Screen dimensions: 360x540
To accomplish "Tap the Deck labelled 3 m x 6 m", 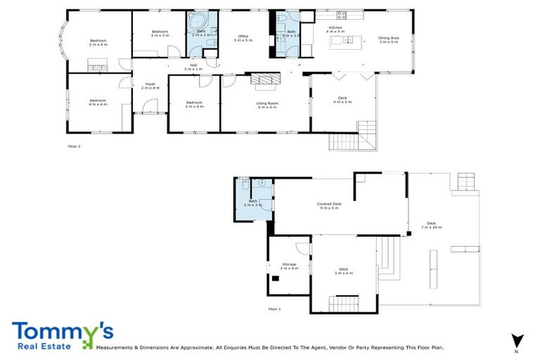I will [344, 271].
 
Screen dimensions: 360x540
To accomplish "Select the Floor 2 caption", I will [75, 146].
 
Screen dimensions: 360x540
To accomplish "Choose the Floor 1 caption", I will [274, 309].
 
